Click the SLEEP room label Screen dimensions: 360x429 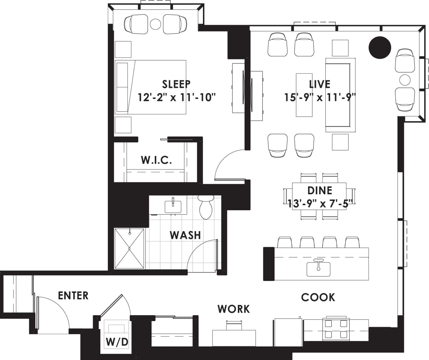[x=176, y=83]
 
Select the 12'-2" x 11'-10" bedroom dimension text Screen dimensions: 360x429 [x=177, y=98]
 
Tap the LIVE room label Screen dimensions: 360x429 [x=319, y=84]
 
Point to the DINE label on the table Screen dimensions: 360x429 [x=320, y=191]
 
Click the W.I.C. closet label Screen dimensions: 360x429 [x=156, y=160]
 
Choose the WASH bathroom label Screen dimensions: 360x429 [x=185, y=235]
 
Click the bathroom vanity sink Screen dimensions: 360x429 [x=173, y=206]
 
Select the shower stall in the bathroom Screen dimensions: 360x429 [x=129, y=248]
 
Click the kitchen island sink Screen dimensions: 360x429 [x=319, y=268]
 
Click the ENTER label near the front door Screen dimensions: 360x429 [x=73, y=296]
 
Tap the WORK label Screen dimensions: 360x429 [x=234, y=309]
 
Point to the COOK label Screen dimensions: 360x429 [x=318, y=297]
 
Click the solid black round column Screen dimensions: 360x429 [x=380, y=47]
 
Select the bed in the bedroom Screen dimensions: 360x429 [x=150, y=87]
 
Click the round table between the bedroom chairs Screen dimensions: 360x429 [x=156, y=24]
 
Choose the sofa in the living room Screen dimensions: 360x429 [x=341, y=95]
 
